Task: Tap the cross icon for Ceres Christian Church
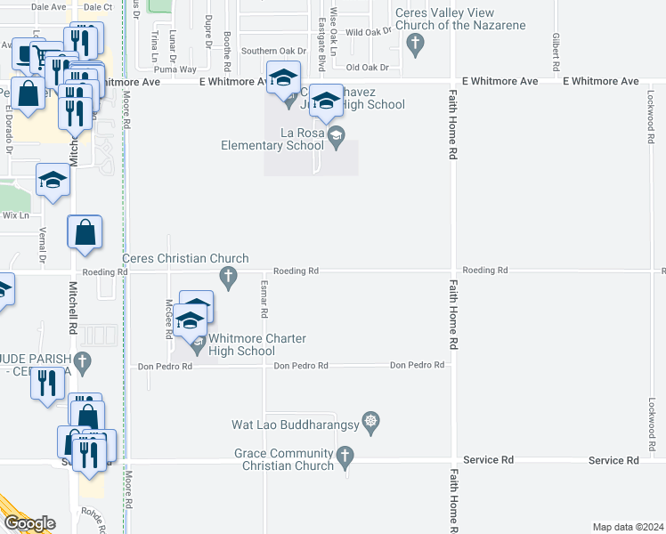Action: pyautogui.click(x=229, y=278)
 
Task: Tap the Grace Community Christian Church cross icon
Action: pyautogui.click(x=346, y=458)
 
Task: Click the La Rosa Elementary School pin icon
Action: pyautogui.click(x=336, y=136)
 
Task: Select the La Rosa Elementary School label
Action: pyautogui.click(x=276, y=139)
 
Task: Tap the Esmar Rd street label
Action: pyautogui.click(x=264, y=303)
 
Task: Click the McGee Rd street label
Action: pyautogui.click(x=167, y=319)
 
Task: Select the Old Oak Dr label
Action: pyautogui.click(x=368, y=68)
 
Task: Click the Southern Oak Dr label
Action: pyautogui.click(x=267, y=52)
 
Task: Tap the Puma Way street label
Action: pyautogui.click(x=175, y=69)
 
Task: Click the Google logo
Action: pyautogui.click(x=29, y=523)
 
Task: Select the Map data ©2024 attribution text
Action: pyautogui.click(x=629, y=527)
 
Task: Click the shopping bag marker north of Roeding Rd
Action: pyautogui.click(x=85, y=233)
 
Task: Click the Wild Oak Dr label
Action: pyautogui.click(x=369, y=31)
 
